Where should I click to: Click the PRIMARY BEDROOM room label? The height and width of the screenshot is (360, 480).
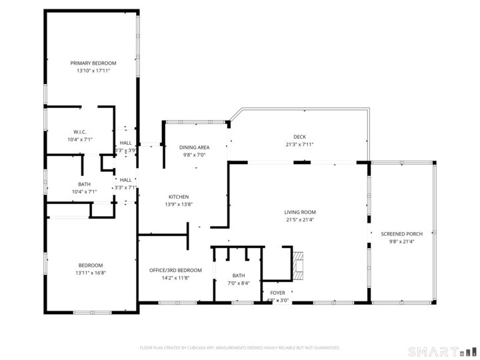point(93,63)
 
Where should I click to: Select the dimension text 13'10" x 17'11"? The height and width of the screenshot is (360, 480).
point(93,70)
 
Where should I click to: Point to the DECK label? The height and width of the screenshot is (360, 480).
point(299,137)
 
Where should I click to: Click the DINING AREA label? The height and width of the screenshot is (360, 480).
point(194,147)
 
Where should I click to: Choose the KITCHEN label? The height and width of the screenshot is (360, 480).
point(179,197)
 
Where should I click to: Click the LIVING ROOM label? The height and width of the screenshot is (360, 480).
point(299,212)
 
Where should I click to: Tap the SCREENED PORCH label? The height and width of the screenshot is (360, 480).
point(401,234)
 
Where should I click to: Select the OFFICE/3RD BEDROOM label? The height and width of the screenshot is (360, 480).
point(175,270)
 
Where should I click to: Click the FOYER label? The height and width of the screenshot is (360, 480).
point(278,293)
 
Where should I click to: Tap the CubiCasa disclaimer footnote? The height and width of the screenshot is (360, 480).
point(240,347)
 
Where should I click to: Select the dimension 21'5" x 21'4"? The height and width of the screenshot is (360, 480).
point(299,219)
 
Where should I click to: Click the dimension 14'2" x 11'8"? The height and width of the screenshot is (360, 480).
point(175,277)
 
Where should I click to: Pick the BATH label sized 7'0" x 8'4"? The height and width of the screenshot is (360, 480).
point(239,275)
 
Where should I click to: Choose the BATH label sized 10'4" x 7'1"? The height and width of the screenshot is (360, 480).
point(84,184)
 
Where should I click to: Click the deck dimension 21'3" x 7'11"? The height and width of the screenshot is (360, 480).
point(299,144)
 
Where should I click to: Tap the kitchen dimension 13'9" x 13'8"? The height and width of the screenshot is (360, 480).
point(179,204)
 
